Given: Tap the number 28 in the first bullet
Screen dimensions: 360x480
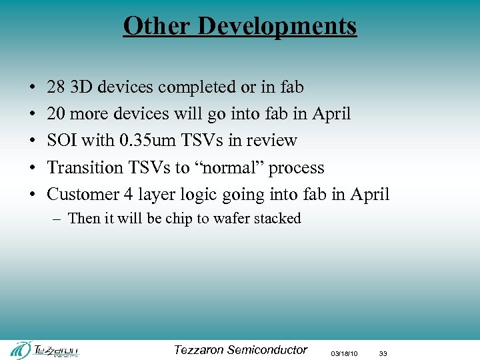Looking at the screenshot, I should click(x=56, y=87).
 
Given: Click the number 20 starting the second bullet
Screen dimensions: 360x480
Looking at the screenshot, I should click(x=56, y=114).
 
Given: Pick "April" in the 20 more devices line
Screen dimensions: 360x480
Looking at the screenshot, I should click(x=331, y=114).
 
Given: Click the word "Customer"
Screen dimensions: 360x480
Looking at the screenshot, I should click(x=79, y=194).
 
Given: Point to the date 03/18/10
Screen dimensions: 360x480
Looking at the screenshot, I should click(x=345, y=353).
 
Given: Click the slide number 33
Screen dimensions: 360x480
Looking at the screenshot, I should click(x=383, y=353).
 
